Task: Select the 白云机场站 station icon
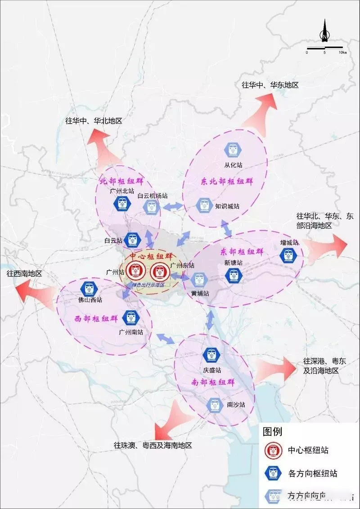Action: pos(151,206)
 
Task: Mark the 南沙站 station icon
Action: pos(216,405)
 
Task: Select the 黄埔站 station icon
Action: pos(199,280)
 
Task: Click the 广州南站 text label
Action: pos(131,332)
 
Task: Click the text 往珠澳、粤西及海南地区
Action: pos(153,445)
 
